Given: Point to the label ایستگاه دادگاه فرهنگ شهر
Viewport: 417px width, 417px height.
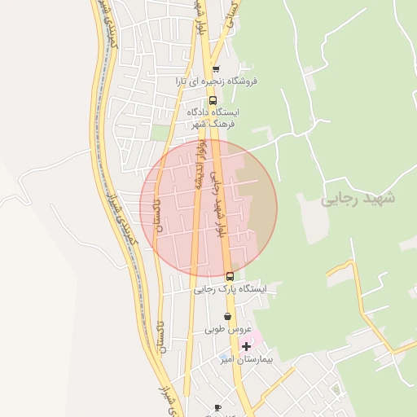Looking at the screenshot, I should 213,118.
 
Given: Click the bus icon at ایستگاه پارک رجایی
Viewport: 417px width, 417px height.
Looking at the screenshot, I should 230,277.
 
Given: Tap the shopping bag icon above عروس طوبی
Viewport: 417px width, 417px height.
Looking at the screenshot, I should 227,316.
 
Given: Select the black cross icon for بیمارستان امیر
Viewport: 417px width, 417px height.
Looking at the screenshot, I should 246,347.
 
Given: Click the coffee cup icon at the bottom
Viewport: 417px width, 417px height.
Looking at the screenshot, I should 217,406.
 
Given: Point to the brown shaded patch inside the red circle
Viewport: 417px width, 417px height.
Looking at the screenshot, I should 261,208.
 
